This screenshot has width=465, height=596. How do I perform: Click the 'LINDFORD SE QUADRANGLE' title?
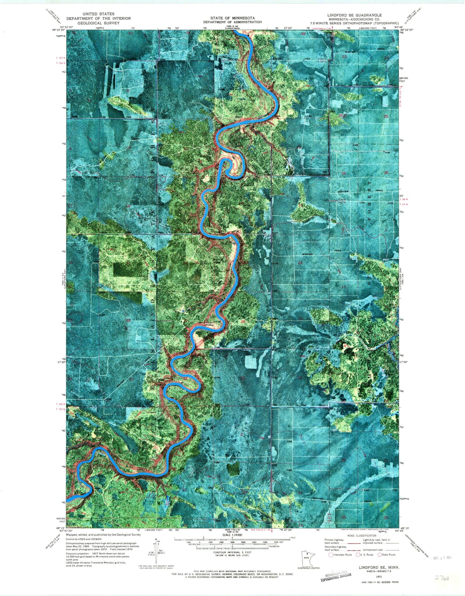pyautogui.click(x=354, y=15)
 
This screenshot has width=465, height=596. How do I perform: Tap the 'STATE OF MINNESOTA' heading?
pyautogui.click(x=232, y=18)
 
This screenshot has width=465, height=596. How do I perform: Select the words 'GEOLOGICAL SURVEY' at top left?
pyautogui.click(x=98, y=23)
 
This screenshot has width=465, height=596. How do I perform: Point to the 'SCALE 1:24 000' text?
pyautogui.click(x=232, y=535)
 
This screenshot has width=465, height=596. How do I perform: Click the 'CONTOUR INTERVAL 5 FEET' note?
pyautogui.click(x=232, y=552)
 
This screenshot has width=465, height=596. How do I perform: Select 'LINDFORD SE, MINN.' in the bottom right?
pyautogui.click(x=379, y=567)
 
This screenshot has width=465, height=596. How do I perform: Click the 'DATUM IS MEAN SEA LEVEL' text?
pyautogui.click(x=232, y=555)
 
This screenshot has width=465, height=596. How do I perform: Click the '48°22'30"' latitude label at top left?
pyautogui.click(x=58, y=30)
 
